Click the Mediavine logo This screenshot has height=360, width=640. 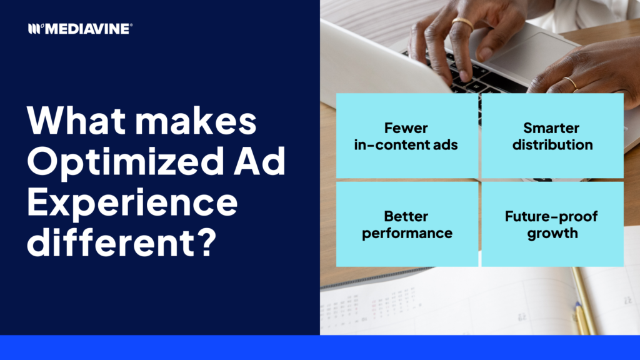(x=80, y=29)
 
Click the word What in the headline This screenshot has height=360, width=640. (x=76, y=120)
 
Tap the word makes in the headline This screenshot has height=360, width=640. (x=196, y=120)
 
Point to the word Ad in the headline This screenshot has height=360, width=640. (x=259, y=161)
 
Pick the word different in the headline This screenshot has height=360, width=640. (x=110, y=242)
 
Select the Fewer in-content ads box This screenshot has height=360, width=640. (x=407, y=136)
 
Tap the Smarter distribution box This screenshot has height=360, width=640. (x=552, y=136)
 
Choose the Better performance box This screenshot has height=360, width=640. (x=407, y=224)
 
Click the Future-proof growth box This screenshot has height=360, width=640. (x=552, y=224)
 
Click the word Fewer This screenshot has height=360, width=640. (x=406, y=127)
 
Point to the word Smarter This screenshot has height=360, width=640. (x=551, y=127)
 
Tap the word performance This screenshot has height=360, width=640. (x=407, y=234)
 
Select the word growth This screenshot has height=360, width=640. (x=552, y=234)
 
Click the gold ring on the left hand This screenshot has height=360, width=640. (x=463, y=23)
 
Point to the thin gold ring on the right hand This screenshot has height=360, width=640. (x=571, y=83)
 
